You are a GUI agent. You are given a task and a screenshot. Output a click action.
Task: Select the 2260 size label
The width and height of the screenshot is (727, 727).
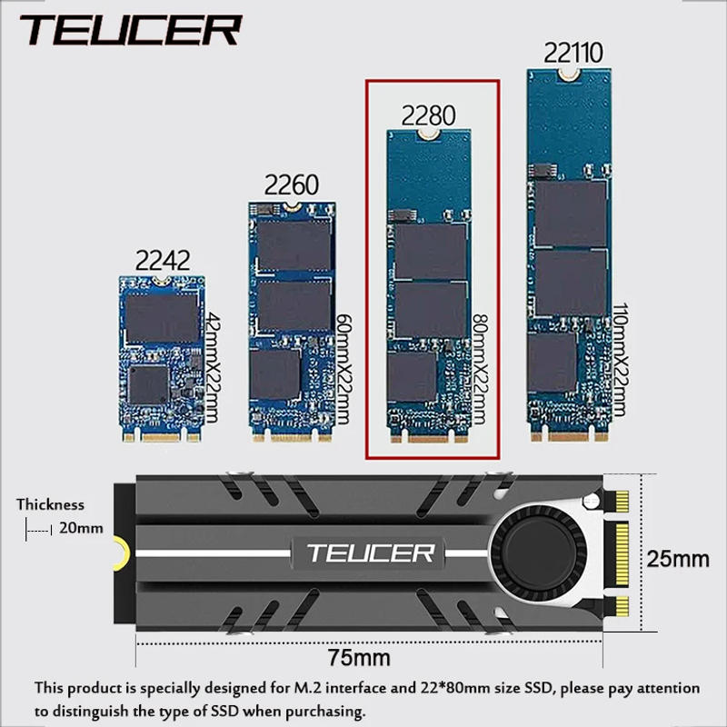(x=291, y=185)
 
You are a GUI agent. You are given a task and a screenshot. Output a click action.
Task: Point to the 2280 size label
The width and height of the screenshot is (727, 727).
(x=429, y=115)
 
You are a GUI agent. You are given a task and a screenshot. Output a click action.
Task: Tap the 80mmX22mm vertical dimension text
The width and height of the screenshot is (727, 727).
(x=480, y=368)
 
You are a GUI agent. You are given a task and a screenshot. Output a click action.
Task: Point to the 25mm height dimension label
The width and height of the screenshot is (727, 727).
(x=677, y=558)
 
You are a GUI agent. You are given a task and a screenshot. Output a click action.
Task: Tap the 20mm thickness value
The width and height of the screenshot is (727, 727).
(x=81, y=527)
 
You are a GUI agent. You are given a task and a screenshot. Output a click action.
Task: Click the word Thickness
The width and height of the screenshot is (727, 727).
(x=50, y=504)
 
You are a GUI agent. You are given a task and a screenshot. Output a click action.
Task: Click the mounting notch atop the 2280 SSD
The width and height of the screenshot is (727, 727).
(x=428, y=134)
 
